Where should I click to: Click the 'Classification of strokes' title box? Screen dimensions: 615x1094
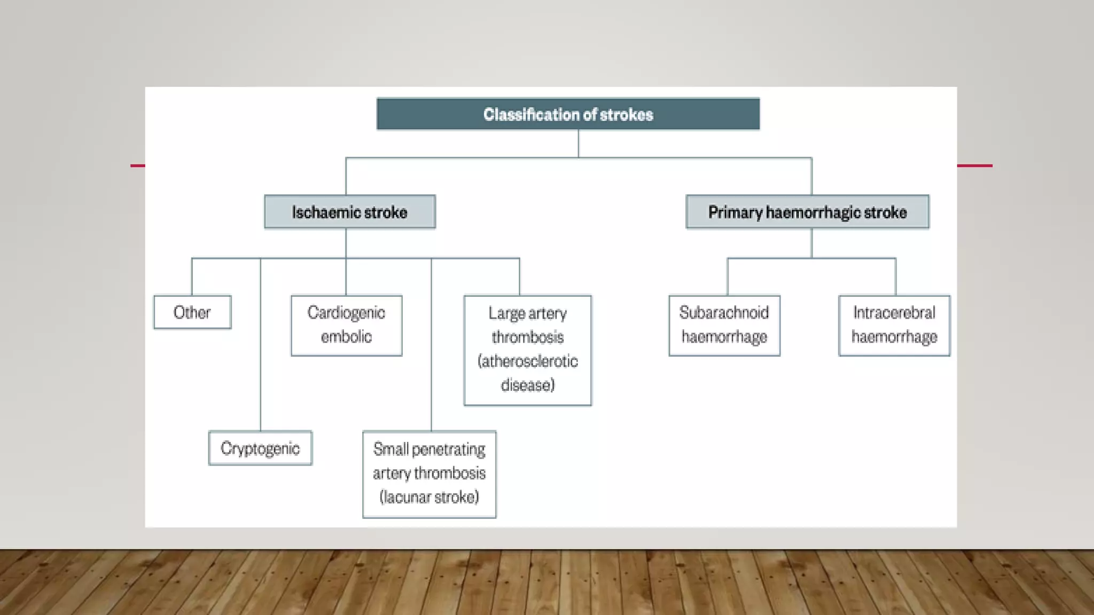click(568, 114)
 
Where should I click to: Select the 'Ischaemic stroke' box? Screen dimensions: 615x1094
click(350, 212)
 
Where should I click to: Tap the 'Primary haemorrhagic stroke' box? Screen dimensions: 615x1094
click(807, 212)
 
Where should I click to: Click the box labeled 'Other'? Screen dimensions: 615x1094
click(192, 312)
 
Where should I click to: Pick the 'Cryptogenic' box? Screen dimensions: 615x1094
click(260, 448)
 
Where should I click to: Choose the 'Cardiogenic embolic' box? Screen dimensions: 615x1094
click(346, 325)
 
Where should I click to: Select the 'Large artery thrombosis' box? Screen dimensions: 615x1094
click(527, 350)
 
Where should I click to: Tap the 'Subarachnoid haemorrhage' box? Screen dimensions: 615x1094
click(724, 325)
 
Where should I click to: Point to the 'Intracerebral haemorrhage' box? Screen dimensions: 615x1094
click(894, 325)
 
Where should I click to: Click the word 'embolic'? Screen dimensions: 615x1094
click(346, 337)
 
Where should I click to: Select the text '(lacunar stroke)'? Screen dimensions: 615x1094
click(429, 497)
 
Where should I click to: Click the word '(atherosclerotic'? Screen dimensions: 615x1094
click(527, 361)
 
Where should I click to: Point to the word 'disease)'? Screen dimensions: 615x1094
click(527, 385)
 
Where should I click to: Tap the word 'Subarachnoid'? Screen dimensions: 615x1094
click(724, 312)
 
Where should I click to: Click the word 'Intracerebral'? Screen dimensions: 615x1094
click(894, 312)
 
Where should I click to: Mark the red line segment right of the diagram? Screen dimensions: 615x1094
click(974, 165)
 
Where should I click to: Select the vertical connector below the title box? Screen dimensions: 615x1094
click(578, 144)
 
